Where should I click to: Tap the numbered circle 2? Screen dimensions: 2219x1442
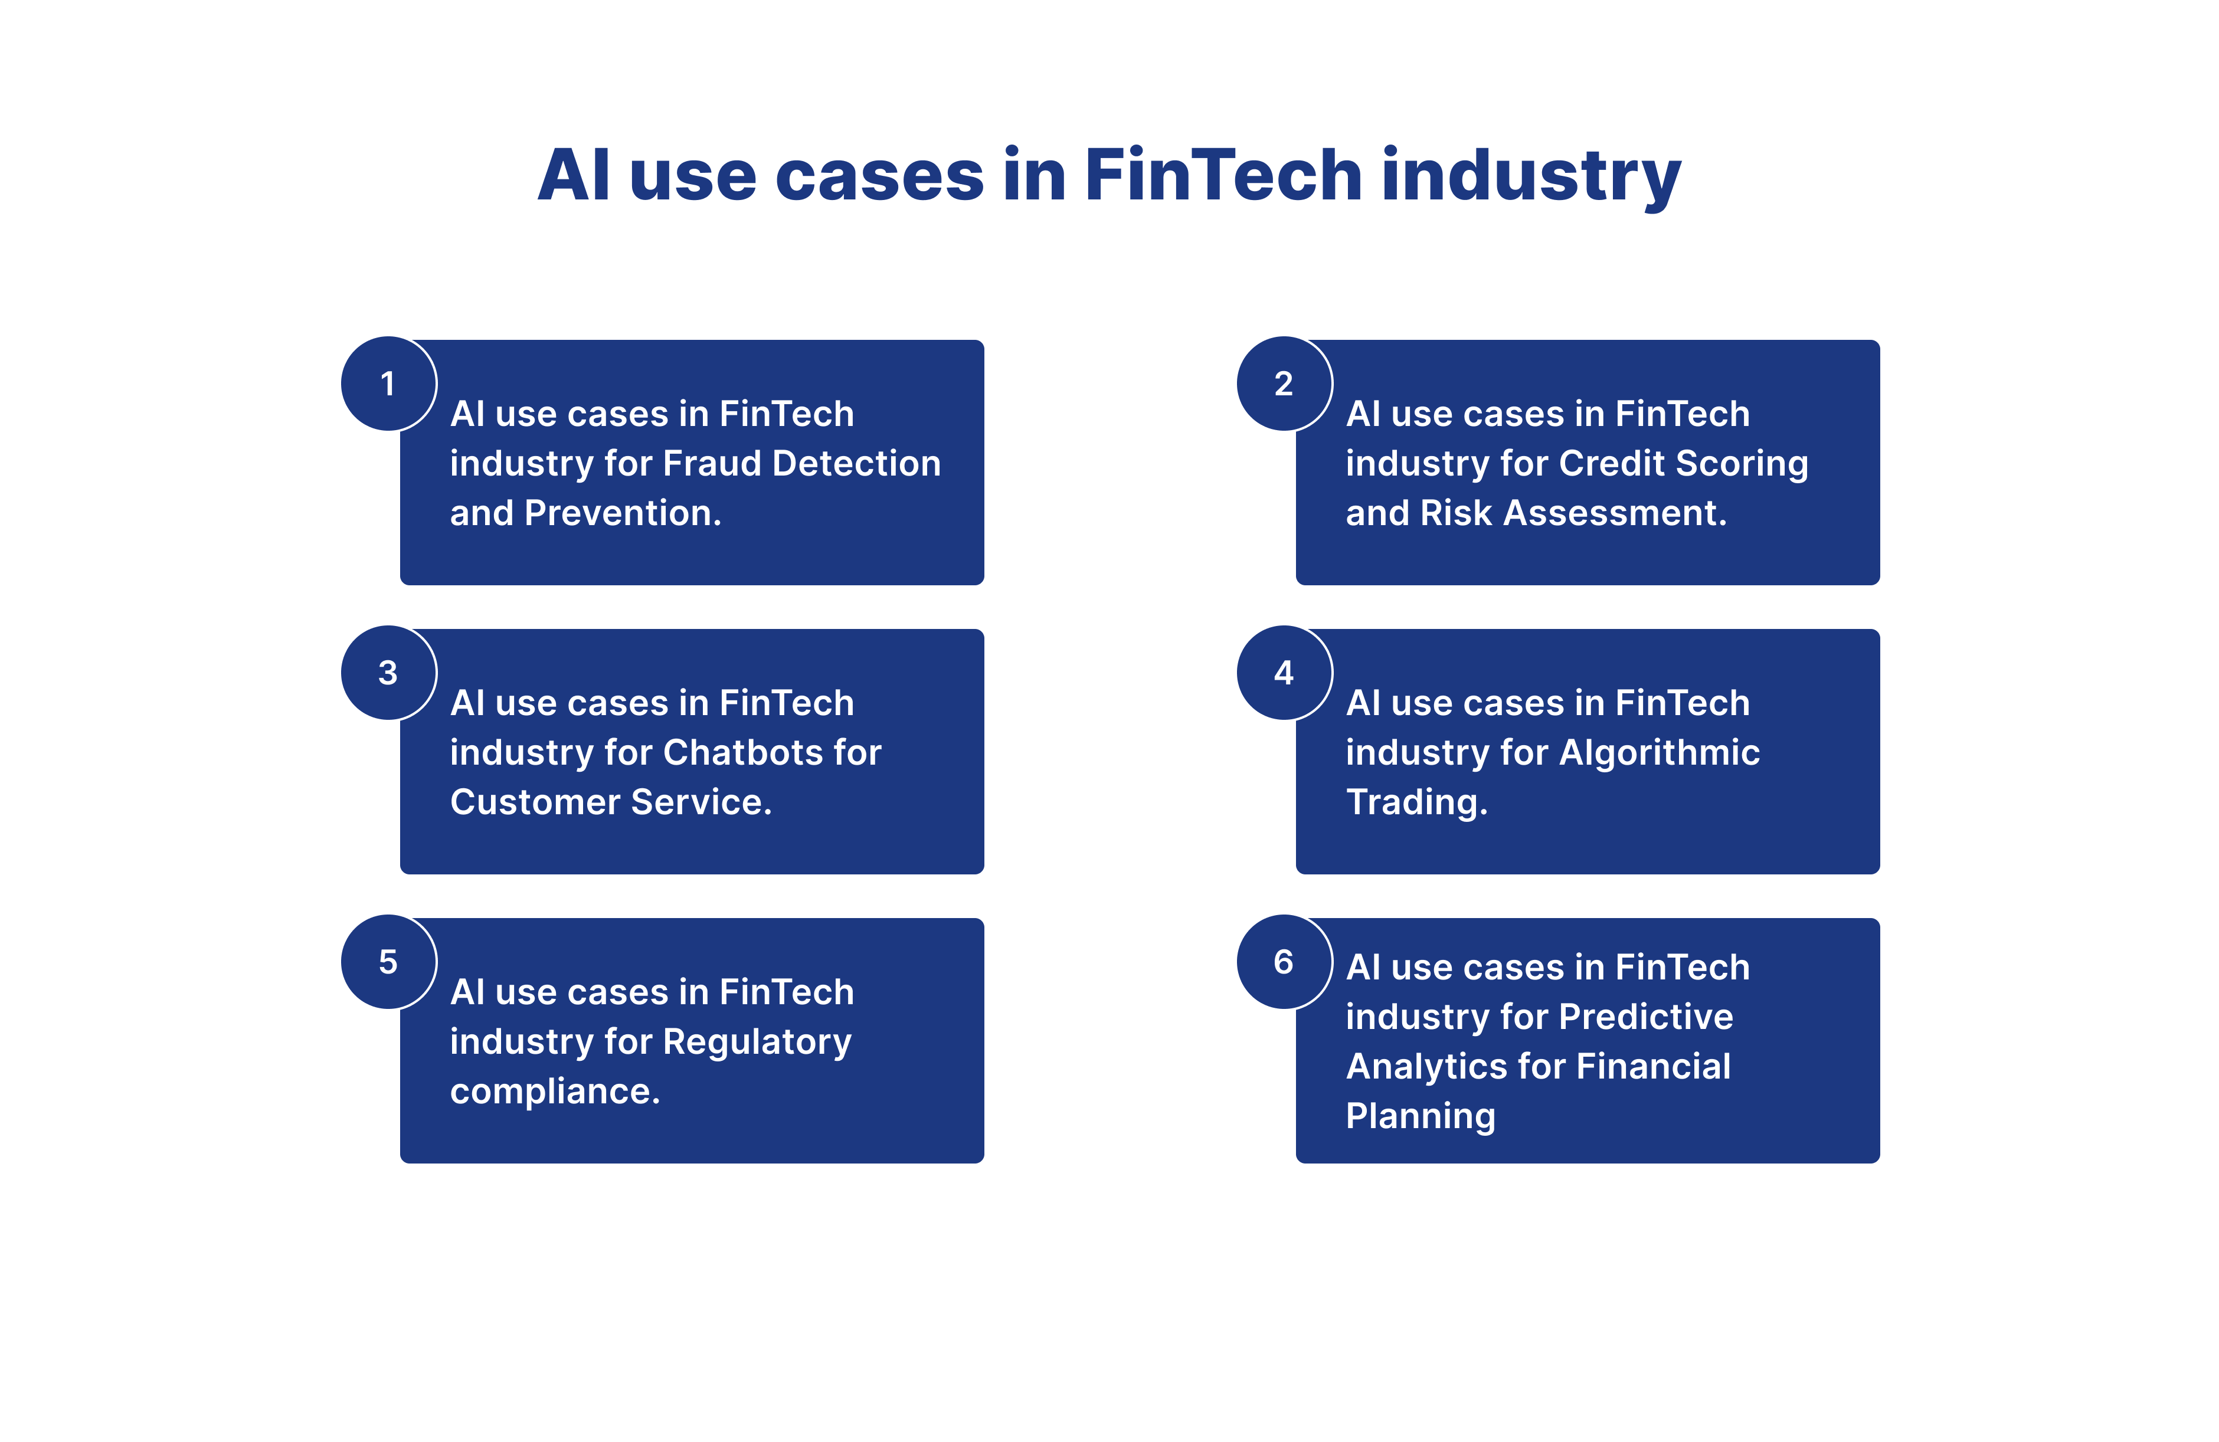pos(1284,383)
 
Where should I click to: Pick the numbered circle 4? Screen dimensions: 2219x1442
pos(1284,672)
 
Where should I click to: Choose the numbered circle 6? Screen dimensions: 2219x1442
pos(1284,961)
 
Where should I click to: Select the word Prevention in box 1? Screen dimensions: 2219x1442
pos(623,513)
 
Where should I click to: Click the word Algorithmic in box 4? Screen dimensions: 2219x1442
pos(1660,752)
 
